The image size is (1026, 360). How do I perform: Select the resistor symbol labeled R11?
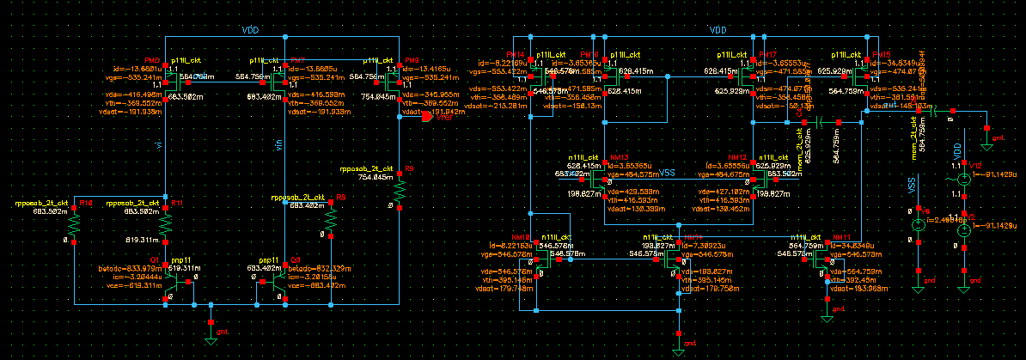166,223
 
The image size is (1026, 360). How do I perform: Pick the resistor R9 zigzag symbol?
400,189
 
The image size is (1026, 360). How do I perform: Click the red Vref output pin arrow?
427,119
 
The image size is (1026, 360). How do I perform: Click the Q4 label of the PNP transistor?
296,258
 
